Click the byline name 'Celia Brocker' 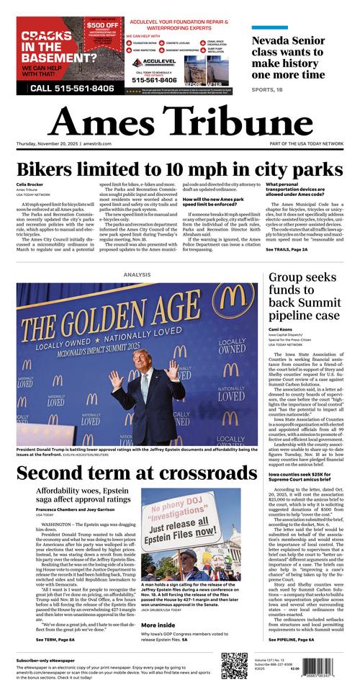pos(30,185)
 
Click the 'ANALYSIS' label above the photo pos(137,275)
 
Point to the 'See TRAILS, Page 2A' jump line pos(286,249)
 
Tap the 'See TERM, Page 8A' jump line pos(45,639)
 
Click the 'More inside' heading pos(158,624)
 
